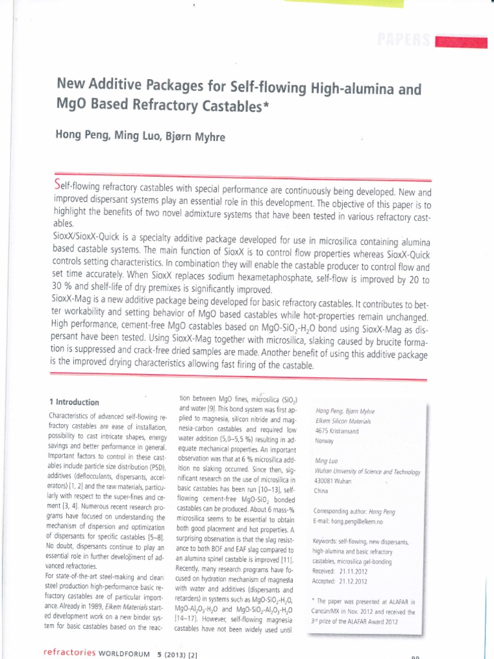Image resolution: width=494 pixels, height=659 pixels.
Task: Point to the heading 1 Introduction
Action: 74,402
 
